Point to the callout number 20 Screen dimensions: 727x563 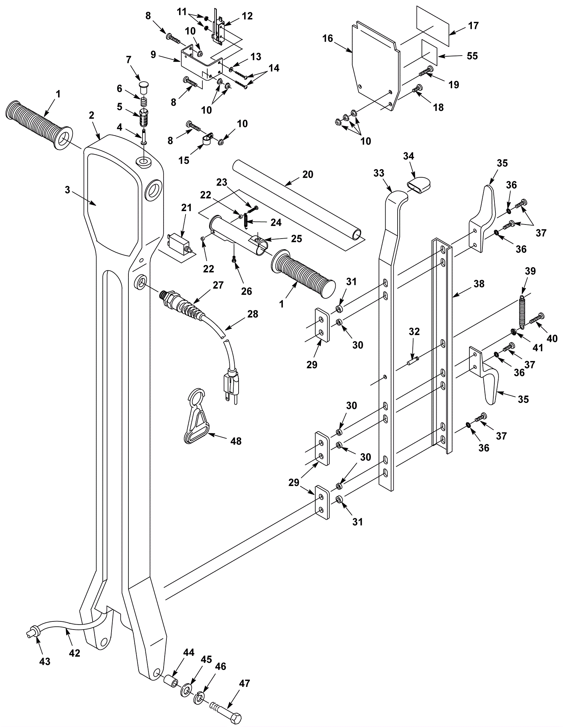coord(308,175)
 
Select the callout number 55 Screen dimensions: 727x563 coord(472,56)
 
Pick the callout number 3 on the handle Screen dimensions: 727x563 coord(68,190)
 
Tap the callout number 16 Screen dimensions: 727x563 coord(328,38)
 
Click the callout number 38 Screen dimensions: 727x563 coord(479,284)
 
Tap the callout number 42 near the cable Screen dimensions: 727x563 coord(75,653)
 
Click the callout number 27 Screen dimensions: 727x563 coord(218,285)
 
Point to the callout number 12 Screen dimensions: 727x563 coord(247,16)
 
